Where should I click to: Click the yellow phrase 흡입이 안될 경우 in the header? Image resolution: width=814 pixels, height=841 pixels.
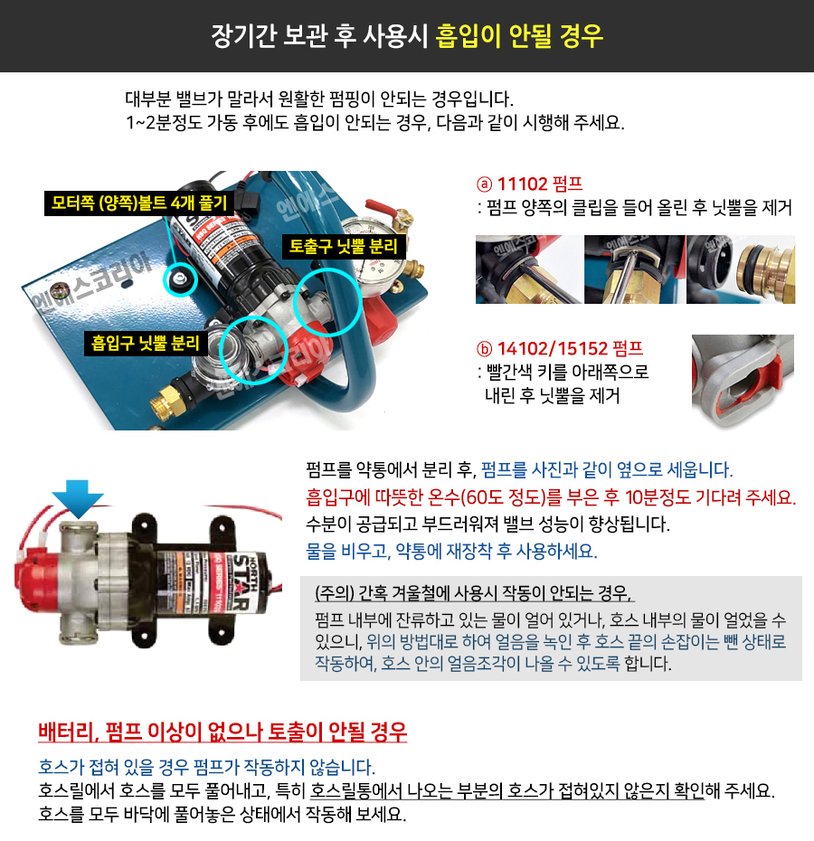tap(519, 36)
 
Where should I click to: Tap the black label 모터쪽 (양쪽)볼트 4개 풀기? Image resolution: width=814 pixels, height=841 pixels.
tap(139, 203)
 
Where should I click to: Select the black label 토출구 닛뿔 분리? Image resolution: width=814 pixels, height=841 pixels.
tap(344, 246)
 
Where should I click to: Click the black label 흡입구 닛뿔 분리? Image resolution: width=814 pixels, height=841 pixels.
tap(146, 344)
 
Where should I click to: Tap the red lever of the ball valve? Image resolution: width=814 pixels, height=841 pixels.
tap(383, 211)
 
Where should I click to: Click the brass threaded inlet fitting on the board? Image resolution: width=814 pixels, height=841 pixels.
tap(167, 402)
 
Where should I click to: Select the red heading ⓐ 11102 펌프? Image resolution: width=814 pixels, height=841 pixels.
tap(529, 184)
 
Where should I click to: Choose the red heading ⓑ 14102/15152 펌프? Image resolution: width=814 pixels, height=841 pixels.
tap(560, 349)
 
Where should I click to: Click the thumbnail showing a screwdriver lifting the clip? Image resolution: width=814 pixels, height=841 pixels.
tap(634, 269)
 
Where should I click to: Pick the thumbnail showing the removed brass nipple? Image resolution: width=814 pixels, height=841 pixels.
tap(741, 269)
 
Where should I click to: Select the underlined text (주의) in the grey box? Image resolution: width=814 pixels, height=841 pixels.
tap(335, 593)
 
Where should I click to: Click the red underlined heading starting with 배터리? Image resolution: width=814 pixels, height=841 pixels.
tap(222, 732)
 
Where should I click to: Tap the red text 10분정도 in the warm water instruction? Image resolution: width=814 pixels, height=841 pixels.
tap(658, 497)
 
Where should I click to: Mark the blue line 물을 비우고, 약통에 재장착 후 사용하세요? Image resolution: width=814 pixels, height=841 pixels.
tap(451, 551)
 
